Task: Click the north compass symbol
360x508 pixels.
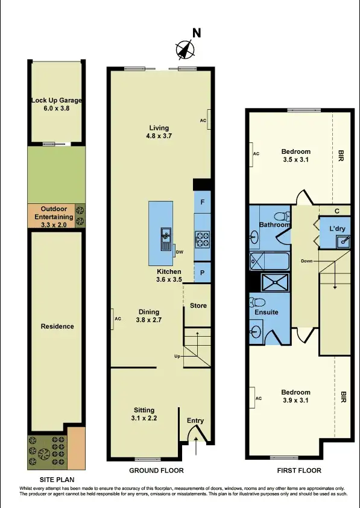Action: click(186, 48)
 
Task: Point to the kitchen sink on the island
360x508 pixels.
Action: click(165, 239)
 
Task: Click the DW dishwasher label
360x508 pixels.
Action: click(179, 252)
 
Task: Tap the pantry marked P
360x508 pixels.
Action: click(202, 271)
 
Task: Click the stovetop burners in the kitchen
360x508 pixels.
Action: click(201, 239)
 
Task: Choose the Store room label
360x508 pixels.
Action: click(198, 306)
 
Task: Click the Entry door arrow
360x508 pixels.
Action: click(199, 449)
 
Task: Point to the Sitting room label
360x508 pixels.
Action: click(144, 413)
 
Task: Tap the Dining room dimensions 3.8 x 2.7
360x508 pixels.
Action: click(149, 320)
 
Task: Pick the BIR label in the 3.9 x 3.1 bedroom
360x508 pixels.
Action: click(343, 398)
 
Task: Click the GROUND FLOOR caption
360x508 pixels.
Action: click(157, 471)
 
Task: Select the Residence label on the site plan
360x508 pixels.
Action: click(57, 326)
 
